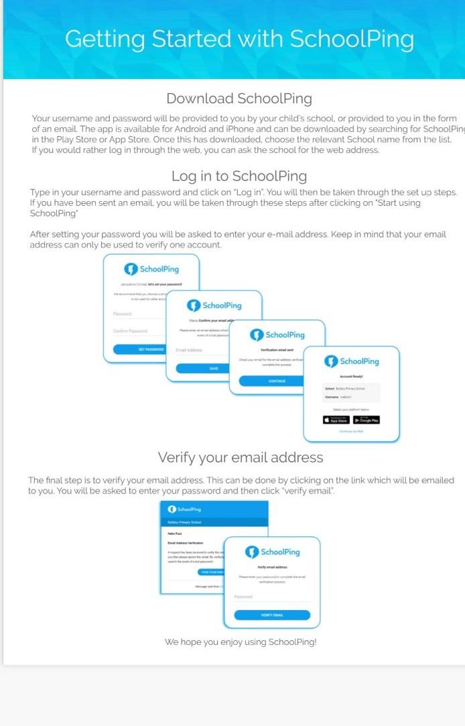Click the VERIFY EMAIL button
(x=272, y=615)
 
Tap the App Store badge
(x=336, y=420)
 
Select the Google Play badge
(x=367, y=420)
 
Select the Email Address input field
(x=198, y=350)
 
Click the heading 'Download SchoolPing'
(x=239, y=99)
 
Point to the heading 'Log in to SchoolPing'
(x=239, y=176)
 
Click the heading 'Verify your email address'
(x=241, y=457)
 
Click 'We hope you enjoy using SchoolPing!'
(x=241, y=642)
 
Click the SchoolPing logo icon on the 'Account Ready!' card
(x=331, y=361)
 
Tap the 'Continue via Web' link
(x=351, y=432)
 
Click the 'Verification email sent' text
(x=277, y=350)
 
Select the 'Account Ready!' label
(x=351, y=376)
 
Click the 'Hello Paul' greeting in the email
(x=175, y=532)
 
